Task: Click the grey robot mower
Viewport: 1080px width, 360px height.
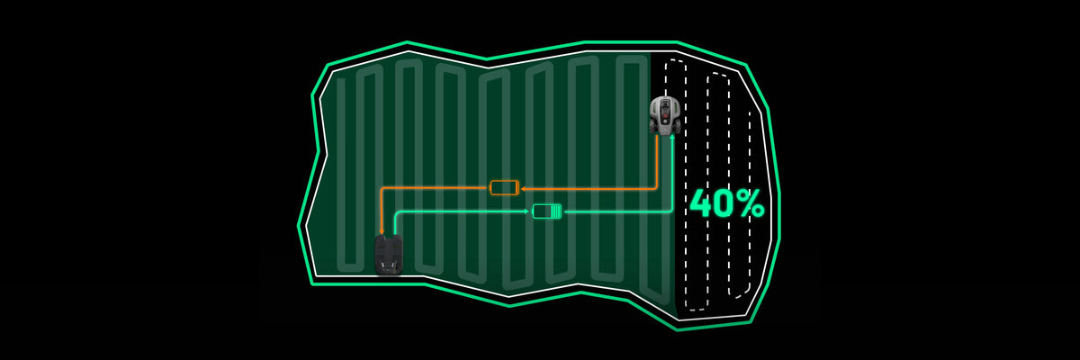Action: [665, 115]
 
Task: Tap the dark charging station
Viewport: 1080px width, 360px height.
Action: [389, 255]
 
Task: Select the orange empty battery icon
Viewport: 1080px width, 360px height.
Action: [505, 187]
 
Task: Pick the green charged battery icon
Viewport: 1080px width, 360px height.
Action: [547, 211]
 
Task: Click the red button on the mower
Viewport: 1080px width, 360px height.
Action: [665, 116]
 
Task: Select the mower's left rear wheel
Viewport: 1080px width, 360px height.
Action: [652, 126]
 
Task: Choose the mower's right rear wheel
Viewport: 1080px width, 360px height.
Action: [678, 126]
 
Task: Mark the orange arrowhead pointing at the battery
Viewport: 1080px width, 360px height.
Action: [523, 189]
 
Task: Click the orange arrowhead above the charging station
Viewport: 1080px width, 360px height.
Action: [382, 232]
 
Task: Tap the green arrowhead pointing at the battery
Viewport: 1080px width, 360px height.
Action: [527, 211]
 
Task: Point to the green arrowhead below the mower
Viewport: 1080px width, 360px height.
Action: [672, 138]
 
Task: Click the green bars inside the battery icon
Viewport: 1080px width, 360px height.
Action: [555, 211]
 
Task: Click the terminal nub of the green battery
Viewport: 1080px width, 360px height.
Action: [562, 211]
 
